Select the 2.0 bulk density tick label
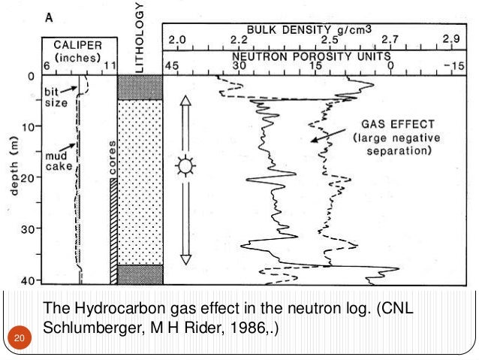[179, 38]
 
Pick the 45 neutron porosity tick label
[172, 66]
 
